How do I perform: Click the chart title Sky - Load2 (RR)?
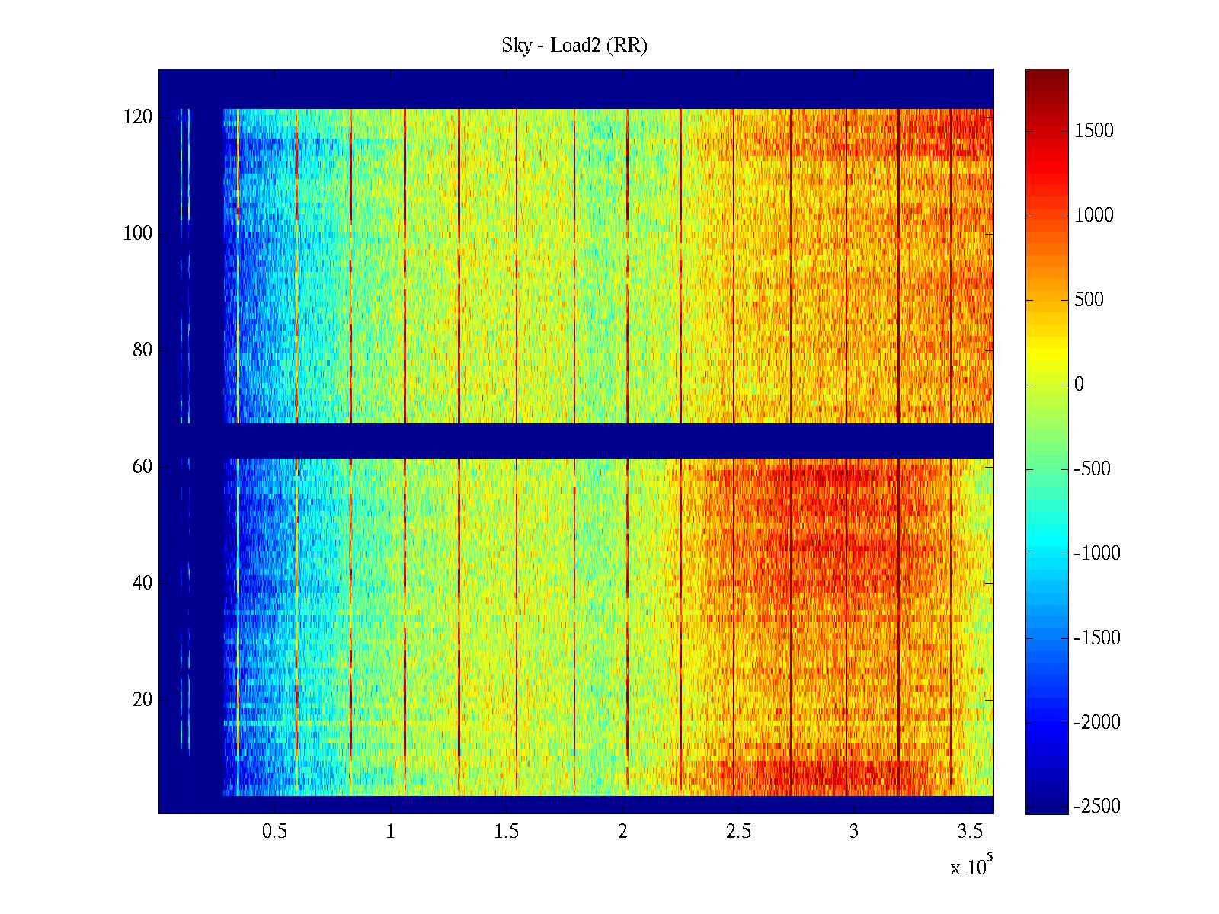pyautogui.click(x=574, y=46)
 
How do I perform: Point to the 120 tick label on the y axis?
pyautogui.click(x=138, y=117)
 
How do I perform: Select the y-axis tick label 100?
pyautogui.click(x=138, y=234)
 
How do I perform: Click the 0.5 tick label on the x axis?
pyautogui.click(x=274, y=832)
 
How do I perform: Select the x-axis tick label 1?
pyautogui.click(x=391, y=832)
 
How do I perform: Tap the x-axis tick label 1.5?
pyautogui.click(x=507, y=832)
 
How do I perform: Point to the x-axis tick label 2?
pyautogui.click(x=622, y=832)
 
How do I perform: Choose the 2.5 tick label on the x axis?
pyautogui.click(x=738, y=832)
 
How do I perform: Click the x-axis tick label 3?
pyautogui.click(x=854, y=832)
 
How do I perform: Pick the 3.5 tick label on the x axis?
pyautogui.click(x=970, y=832)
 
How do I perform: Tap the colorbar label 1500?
pyautogui.click(x=1094, y=131)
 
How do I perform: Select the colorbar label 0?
pyautogui.click(x=1079, y=385)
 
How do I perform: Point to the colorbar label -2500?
pyautogui.click(x=1097, y=807)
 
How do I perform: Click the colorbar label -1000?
pyautogui.click(x=1097, y=554)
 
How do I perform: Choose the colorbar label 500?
pyautogui.click(x=1089, y=300)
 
